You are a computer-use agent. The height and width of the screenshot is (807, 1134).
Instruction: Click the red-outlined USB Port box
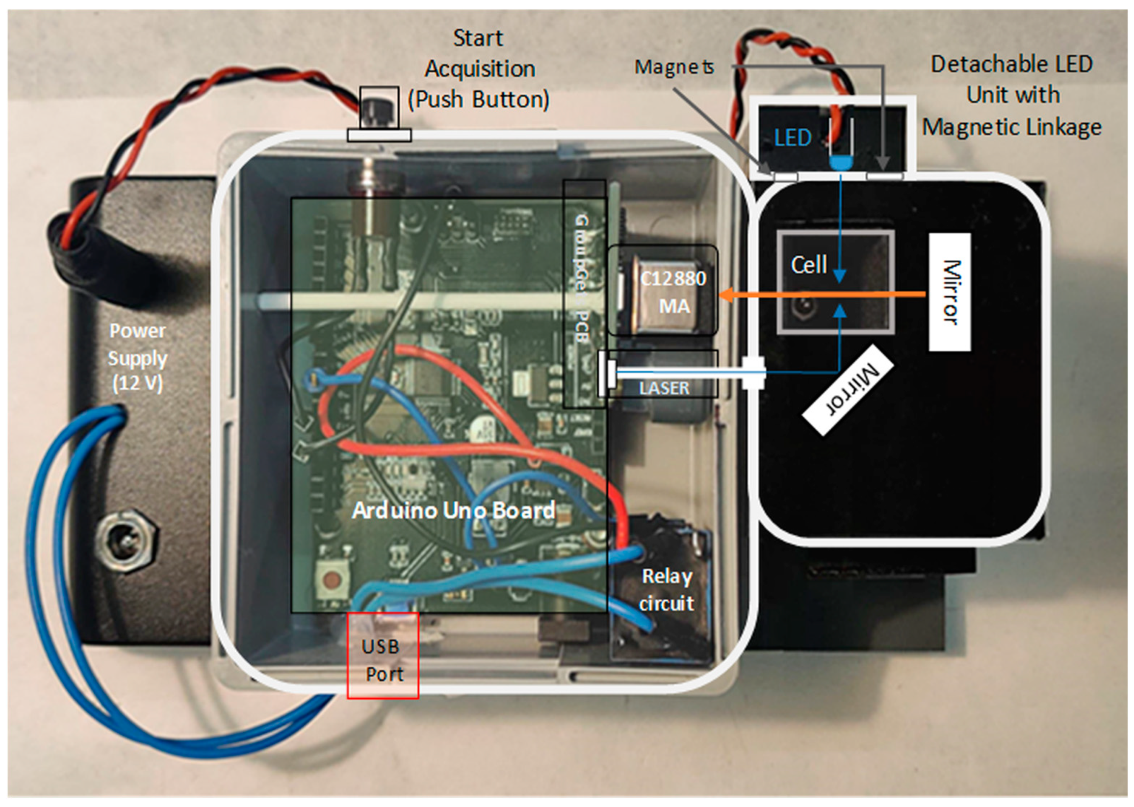pos(382,656)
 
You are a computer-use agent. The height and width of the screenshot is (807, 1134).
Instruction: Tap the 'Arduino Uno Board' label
pos(454,510)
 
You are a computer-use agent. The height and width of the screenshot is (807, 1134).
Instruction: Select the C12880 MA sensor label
pos(672,292)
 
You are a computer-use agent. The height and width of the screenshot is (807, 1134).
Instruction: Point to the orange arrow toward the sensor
pos(820,295)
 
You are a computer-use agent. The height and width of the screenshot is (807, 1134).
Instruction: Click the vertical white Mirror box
pos(950,292)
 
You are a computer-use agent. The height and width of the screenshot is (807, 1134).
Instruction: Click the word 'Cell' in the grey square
pos(808,264)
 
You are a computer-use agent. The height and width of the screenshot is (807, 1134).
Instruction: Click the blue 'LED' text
pos(793,138)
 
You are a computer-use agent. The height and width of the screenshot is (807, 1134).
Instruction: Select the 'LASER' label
pos(664,388)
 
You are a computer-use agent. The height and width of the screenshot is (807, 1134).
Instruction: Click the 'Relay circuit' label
pos(666,589)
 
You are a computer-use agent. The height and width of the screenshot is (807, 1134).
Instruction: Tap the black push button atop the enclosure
pos(379,107)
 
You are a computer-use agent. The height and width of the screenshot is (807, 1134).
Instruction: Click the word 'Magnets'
pos(674,67)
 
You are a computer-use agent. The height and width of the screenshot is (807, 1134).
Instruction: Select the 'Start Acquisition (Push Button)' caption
pos(479,69)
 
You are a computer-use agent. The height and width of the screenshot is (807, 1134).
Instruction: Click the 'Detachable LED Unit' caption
pos(1011,96)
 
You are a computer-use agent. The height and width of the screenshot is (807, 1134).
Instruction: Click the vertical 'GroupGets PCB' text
pos(582,278)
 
